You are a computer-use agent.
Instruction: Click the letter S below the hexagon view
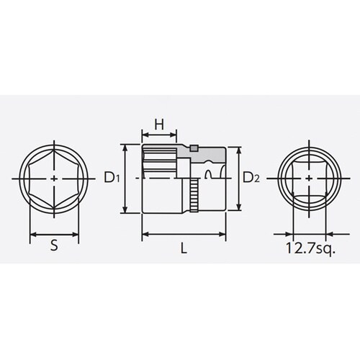pyautogui.click(x=54, y=247)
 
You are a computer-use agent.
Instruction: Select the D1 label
pyautogui.click(x=111, y=177)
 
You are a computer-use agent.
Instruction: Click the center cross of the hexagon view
pyautogui.click(x=55, y=177)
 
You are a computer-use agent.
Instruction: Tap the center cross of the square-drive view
pyautogui.click(x=309, y=177)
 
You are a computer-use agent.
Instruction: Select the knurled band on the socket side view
pyautogui.click(x=194, y=194)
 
